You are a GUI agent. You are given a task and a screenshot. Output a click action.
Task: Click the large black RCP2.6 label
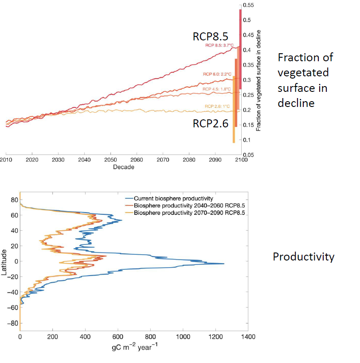click(211, 123)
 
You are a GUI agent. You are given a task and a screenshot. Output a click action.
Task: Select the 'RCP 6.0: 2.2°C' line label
click(217, 74)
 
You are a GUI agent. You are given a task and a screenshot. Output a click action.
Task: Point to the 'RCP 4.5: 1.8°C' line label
click(216, 89)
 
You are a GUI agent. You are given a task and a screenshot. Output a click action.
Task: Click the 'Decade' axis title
click(124, 167)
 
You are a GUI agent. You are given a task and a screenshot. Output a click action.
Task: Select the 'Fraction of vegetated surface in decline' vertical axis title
click(258, 80)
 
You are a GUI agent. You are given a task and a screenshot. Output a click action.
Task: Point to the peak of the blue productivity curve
click(223, 264)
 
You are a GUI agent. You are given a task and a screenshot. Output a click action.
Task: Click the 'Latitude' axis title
click(4, 262)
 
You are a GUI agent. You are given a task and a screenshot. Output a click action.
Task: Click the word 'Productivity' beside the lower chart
click(303, 257)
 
